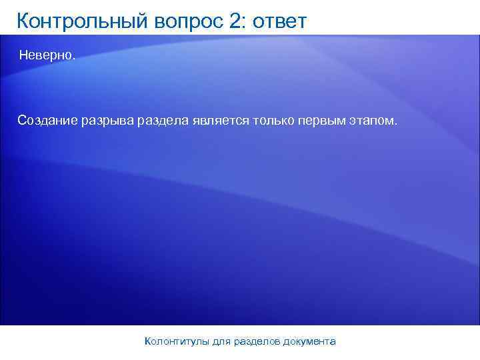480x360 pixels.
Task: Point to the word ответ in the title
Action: click(277, 21)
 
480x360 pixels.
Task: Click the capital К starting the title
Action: click(23, 21)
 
